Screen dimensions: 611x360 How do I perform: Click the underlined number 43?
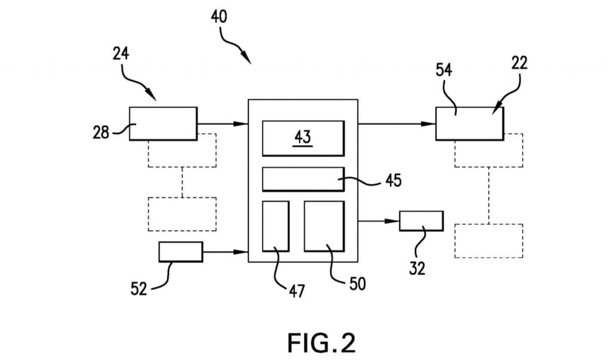click(x=303, y=137)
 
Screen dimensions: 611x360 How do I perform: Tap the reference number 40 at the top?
click(x=219, y=17)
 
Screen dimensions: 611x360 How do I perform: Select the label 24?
click(x=121, y=54)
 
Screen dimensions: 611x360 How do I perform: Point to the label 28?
click(x=101, y=133)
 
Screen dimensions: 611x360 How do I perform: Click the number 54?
click(x=444, y=70)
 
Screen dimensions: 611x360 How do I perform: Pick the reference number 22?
click(x=520, y=63)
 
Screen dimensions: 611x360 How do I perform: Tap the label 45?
click(x=393, y=180)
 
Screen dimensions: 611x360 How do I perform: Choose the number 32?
click(x=417, y=268)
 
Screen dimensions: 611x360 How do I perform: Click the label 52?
click(x=138, y=289)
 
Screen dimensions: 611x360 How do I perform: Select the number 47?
click(x=297, y=291)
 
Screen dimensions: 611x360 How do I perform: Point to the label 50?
click(x=357, y=284)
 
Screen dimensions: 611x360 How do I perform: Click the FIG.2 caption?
click(x=322, y=343)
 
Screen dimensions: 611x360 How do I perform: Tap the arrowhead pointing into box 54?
click(x=428, y=124)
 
